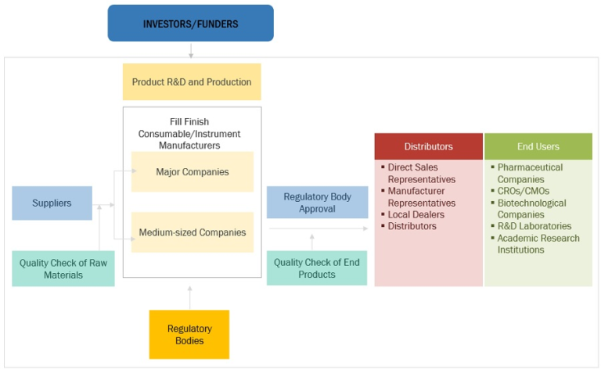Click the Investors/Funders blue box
point(190,23)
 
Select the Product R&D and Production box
point(192,82)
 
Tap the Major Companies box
point(192,171)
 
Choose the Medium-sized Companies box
point(192,232)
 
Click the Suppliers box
point(52,203)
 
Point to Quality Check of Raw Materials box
point(63,268)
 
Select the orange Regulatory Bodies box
point(189,334)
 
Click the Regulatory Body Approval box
point(317,203)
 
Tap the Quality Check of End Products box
point(316,268)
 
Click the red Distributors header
point(428,146)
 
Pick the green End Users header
point(538,146)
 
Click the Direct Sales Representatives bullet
point(423,173)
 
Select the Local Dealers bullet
point(416,214)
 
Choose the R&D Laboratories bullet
point(534,226)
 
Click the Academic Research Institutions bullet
point(538,243)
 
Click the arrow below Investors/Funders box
point(190,50)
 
